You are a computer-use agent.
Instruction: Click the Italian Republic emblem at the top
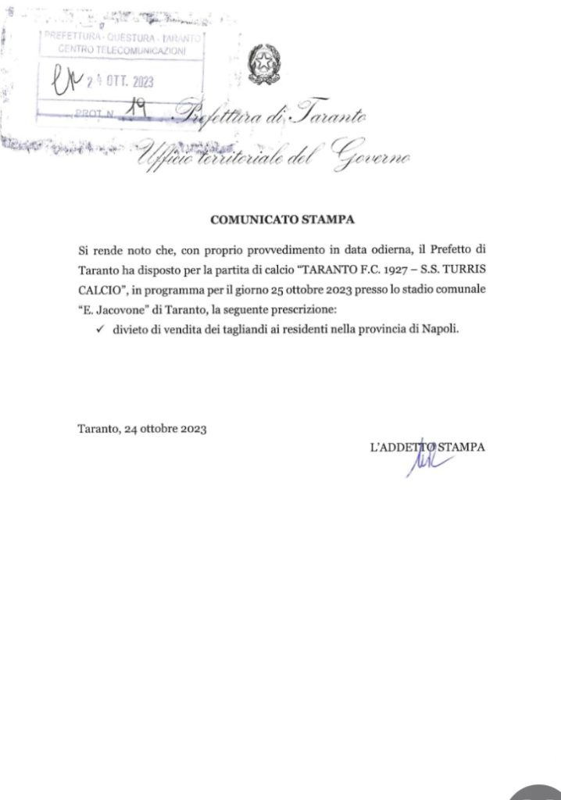click(x=265, y=66)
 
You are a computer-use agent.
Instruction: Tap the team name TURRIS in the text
click(x=459, y=270)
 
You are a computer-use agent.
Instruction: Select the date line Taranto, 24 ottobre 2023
click(x=141, y=429)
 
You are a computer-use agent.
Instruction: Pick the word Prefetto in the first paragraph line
click(x=452, y=251)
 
